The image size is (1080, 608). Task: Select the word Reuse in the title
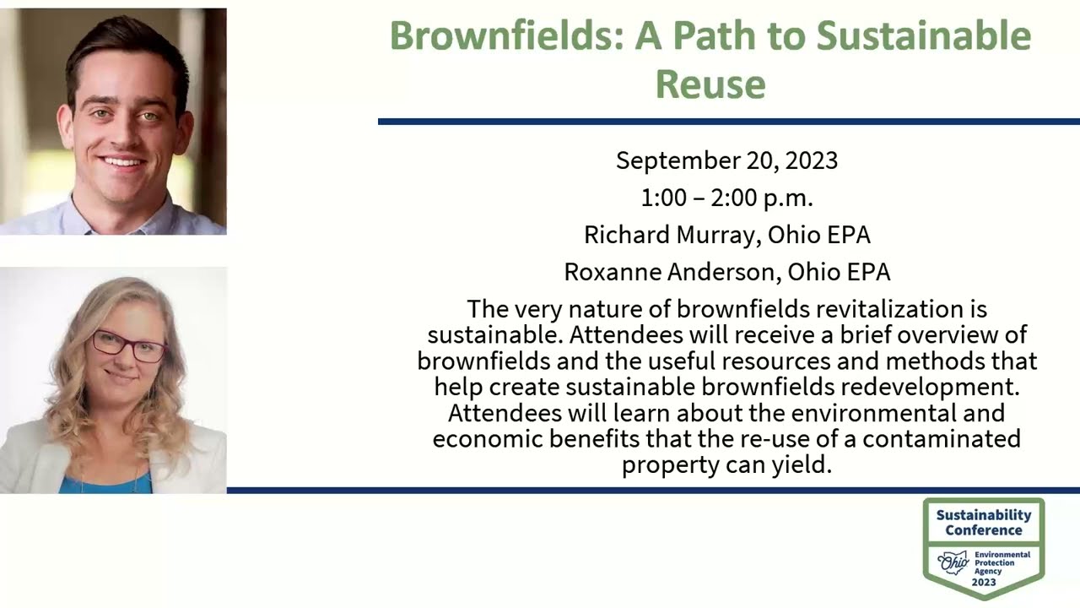click(710, 84)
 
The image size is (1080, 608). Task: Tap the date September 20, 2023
click(726, 160)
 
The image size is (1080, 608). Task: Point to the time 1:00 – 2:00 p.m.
click(726, 198)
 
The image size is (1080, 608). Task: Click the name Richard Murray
click(672, 235)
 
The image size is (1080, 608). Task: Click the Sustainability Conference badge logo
click(983, 547)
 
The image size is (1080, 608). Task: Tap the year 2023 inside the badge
click(983, 582)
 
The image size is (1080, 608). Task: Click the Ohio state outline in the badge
click(954, 561)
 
